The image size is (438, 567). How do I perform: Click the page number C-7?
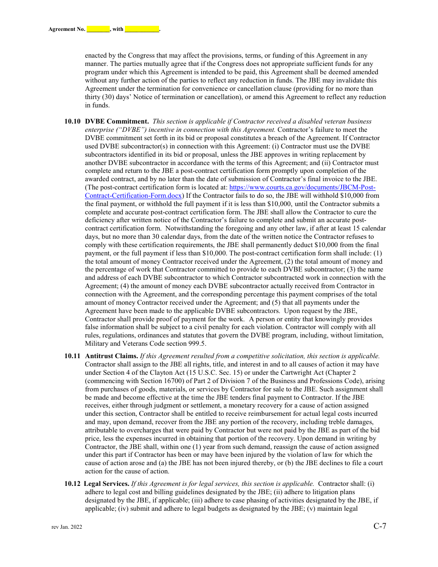coord(380,526)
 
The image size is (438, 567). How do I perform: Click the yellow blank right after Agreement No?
coord(98,29)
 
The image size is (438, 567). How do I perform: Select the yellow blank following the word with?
coord(142,29)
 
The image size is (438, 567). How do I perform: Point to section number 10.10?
coord(72,122)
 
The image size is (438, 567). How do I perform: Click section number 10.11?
coord(72,356)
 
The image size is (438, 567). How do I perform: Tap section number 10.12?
coord(72,484)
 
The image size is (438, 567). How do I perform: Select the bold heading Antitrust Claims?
coord(112,356)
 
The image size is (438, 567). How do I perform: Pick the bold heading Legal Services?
coord(107,484)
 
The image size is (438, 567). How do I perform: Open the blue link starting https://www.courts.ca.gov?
coord(302,188)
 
